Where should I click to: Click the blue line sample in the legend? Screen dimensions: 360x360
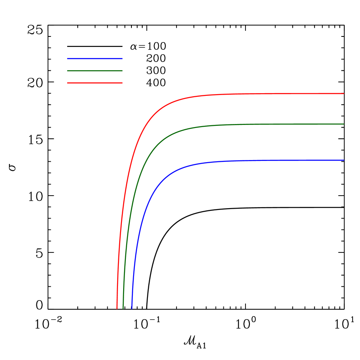(95, 59)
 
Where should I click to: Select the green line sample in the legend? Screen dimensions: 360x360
(95, 71)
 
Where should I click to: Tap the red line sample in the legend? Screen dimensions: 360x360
(95, 83)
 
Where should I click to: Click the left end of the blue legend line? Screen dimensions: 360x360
(67, 59)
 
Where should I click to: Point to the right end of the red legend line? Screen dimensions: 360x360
(122, 83)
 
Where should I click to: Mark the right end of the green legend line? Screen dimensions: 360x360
(122, 71)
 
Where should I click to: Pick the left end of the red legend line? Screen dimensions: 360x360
(67, 83)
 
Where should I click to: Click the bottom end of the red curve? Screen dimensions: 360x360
(117, 309)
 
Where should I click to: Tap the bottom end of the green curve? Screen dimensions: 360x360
(123, 309)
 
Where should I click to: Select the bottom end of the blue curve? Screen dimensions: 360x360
(132, 309)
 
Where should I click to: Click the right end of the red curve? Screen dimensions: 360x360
(344, 93)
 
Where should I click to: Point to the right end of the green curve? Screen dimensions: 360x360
(344, 124)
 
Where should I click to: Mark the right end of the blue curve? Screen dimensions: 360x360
(344, 160)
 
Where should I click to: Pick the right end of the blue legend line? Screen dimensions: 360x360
(122, 59)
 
